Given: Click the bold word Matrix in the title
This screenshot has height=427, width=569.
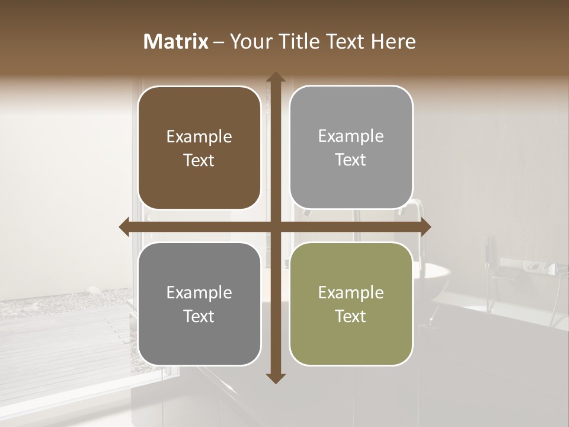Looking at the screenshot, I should [x=176, y=42].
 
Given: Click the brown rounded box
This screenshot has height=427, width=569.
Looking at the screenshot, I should [x=199, y=148].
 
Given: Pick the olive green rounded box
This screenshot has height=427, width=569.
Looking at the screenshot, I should [x=351, y=304].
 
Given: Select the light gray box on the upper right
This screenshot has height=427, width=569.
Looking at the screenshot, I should [x=351, y=147].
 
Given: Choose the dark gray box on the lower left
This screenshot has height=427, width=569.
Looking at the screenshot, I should [x=199, y=304].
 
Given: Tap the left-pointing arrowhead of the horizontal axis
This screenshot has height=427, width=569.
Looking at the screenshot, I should [x=124, y=227].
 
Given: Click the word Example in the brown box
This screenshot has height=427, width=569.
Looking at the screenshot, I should [x=199, y=137].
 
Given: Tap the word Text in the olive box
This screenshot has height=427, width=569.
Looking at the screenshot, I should [x=351, y=316].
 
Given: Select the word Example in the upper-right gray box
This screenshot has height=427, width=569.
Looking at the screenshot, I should [x=351, y=136].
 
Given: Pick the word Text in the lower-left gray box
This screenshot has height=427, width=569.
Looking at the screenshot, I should [x=199, y=316].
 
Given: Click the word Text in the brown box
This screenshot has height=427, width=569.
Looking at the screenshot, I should [x=199, y=160].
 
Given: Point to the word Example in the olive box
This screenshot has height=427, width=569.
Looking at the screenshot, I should [x=351, y=292].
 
